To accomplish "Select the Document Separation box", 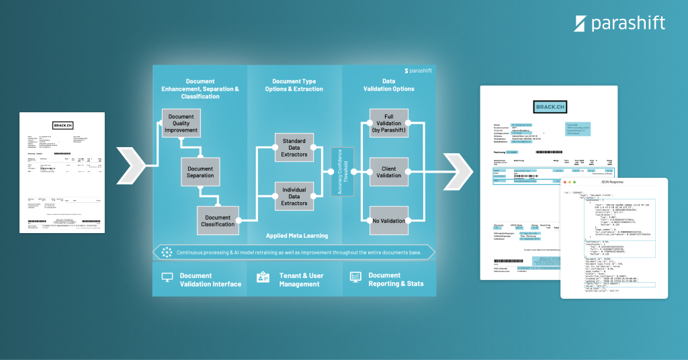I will click(200, 173).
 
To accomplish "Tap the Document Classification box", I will click(218, 221).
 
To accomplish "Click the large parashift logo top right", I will click(619, 24).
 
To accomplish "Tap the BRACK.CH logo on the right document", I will click(549, 107).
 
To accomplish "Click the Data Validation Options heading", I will click(388, 85).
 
